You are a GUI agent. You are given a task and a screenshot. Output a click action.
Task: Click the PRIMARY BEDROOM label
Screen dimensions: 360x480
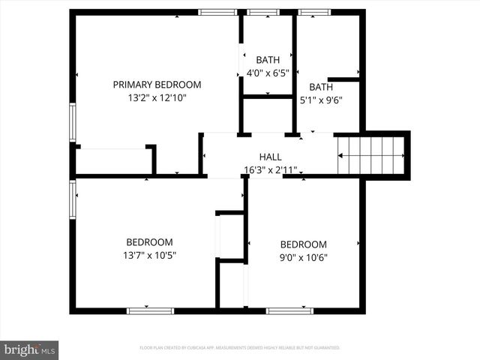157,85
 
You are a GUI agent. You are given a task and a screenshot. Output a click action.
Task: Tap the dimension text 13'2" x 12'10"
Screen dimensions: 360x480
157,97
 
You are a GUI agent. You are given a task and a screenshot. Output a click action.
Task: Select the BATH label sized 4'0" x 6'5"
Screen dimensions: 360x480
268,60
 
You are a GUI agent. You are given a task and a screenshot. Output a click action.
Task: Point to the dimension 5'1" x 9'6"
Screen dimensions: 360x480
321,100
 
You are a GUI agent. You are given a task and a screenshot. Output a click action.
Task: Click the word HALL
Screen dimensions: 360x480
270,157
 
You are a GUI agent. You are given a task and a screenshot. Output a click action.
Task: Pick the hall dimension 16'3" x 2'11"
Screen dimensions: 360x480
270,169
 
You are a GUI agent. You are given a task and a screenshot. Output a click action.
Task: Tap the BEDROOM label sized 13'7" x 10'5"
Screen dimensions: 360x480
149,242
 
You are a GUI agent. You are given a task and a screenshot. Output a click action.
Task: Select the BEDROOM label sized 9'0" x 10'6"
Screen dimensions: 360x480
304,244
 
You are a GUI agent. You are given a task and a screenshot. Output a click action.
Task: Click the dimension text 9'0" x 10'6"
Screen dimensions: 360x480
304,257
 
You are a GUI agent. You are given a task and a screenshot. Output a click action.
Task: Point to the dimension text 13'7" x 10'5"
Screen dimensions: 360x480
149,255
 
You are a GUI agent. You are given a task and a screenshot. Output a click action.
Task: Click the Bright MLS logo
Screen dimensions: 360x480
29,349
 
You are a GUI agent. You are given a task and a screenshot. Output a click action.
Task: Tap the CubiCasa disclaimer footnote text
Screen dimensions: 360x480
240,348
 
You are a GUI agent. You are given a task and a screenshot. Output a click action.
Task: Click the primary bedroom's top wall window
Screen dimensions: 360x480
218,12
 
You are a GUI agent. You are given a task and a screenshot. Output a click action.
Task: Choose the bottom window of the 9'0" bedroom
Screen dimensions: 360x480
289,310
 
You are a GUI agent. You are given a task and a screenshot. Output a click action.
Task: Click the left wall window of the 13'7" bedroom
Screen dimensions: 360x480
73,199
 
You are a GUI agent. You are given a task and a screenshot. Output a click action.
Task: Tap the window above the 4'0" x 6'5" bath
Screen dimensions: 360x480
263,12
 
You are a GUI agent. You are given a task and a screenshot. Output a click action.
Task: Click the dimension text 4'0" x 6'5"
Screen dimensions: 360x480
268,73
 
